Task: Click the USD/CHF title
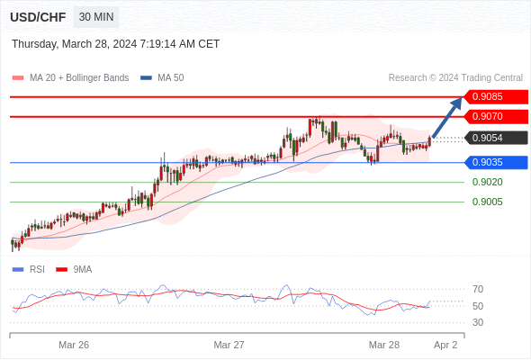click(38, 17)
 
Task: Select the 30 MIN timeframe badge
click(96, 17)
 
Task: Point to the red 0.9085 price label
click(496, 97)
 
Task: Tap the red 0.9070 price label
click(496, 116)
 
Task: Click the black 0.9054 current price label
click(496, 139)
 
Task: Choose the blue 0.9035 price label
click(496, 163)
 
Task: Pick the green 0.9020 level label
click(487, 182)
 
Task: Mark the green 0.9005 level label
click(487, 202)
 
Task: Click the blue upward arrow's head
click(457, 103)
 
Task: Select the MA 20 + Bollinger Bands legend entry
click(70, 78)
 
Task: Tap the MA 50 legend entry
click(162, 78)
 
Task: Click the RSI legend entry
click(29, 270)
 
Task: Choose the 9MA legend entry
click(74, 270)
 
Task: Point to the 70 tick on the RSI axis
click(478, 289)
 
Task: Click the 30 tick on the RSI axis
click(478, 322)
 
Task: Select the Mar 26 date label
click(74, 345)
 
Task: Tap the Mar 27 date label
click(229, 345)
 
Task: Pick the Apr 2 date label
click(445, 345)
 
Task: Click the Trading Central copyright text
click(455, 78)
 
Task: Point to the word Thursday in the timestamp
click(34, 44)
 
